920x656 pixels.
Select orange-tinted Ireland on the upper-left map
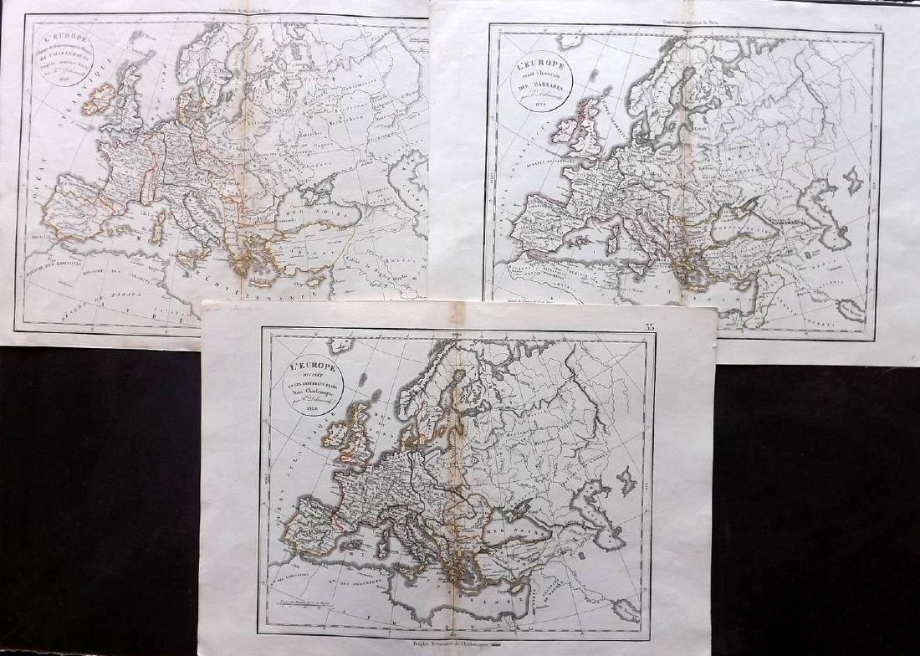98,99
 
